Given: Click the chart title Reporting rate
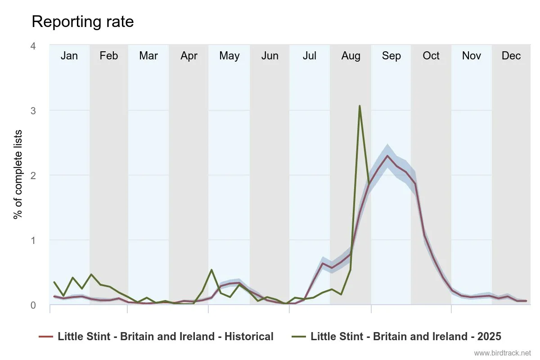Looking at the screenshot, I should (x=83, y=22).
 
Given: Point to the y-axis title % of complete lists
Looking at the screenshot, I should (x=18, y=175).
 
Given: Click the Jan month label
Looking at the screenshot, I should (x=69, y=56).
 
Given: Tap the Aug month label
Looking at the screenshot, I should (x=351, y=56).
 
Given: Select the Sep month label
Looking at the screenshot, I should (x=391, y=56).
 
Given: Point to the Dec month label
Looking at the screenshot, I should (x=511, y=56).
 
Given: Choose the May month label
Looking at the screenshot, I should (x=229, y=56).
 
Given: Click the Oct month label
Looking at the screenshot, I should (x=431, y=56).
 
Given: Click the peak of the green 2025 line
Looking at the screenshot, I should (x=360, y=106).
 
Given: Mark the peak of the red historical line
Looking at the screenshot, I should (x=387, y=156).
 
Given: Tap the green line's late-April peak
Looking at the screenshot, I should (x=211, y=270).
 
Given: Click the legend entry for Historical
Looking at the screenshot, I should (x=165, y=337).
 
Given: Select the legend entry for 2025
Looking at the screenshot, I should (x=405, y=337).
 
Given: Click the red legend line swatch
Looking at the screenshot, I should (x=46, y=337).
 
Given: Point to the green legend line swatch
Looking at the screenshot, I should (x=299, y=337).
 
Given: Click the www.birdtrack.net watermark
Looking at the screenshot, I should (x=503, y=353).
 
